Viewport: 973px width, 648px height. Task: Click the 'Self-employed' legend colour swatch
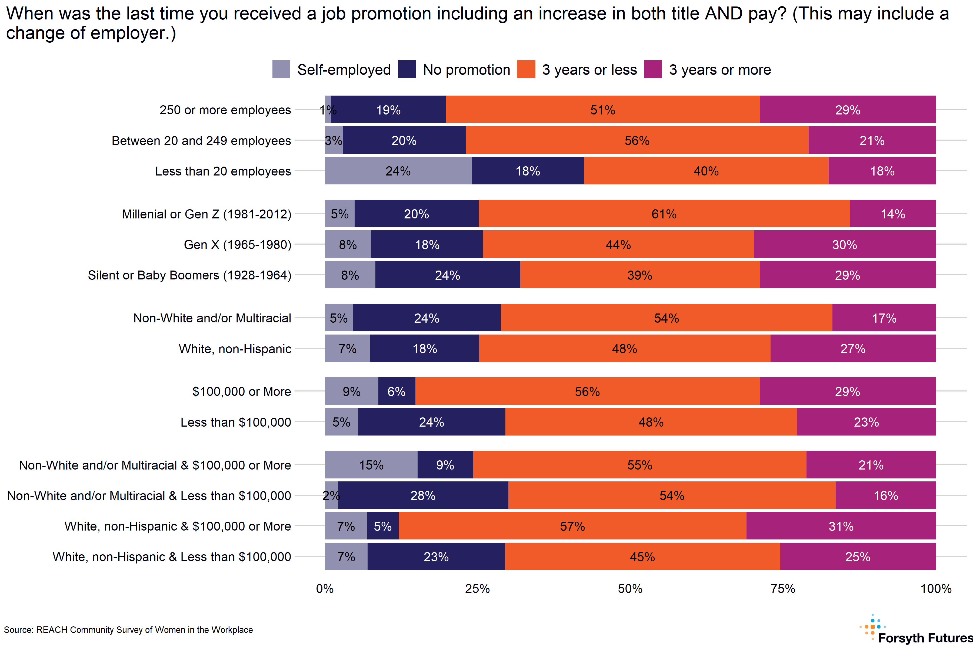point(281,69)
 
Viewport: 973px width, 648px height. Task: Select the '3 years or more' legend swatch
point(653,69)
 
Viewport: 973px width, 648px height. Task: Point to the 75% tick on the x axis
point(783,589)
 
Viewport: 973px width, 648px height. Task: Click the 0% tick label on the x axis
point(325,589)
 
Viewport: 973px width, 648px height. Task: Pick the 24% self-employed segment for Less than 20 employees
point(398,171)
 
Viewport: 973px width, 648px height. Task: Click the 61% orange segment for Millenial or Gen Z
point(664,214)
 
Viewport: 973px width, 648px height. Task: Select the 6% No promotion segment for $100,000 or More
point(396,391)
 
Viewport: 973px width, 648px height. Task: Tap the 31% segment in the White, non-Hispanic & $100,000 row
point(841,526)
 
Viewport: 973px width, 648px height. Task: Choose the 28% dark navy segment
point(423,495)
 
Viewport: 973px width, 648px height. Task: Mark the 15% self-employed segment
point(371,464)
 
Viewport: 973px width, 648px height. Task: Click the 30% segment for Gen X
point(844,244)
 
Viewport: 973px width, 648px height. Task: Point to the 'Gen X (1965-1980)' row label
point(238,245)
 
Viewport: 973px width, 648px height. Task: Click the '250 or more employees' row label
point(225,110)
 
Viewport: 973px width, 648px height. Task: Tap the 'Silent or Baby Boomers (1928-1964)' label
point(189,275)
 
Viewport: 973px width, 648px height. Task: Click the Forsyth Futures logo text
point(925,638)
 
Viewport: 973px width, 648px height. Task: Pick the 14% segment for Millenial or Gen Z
point(893,214)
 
